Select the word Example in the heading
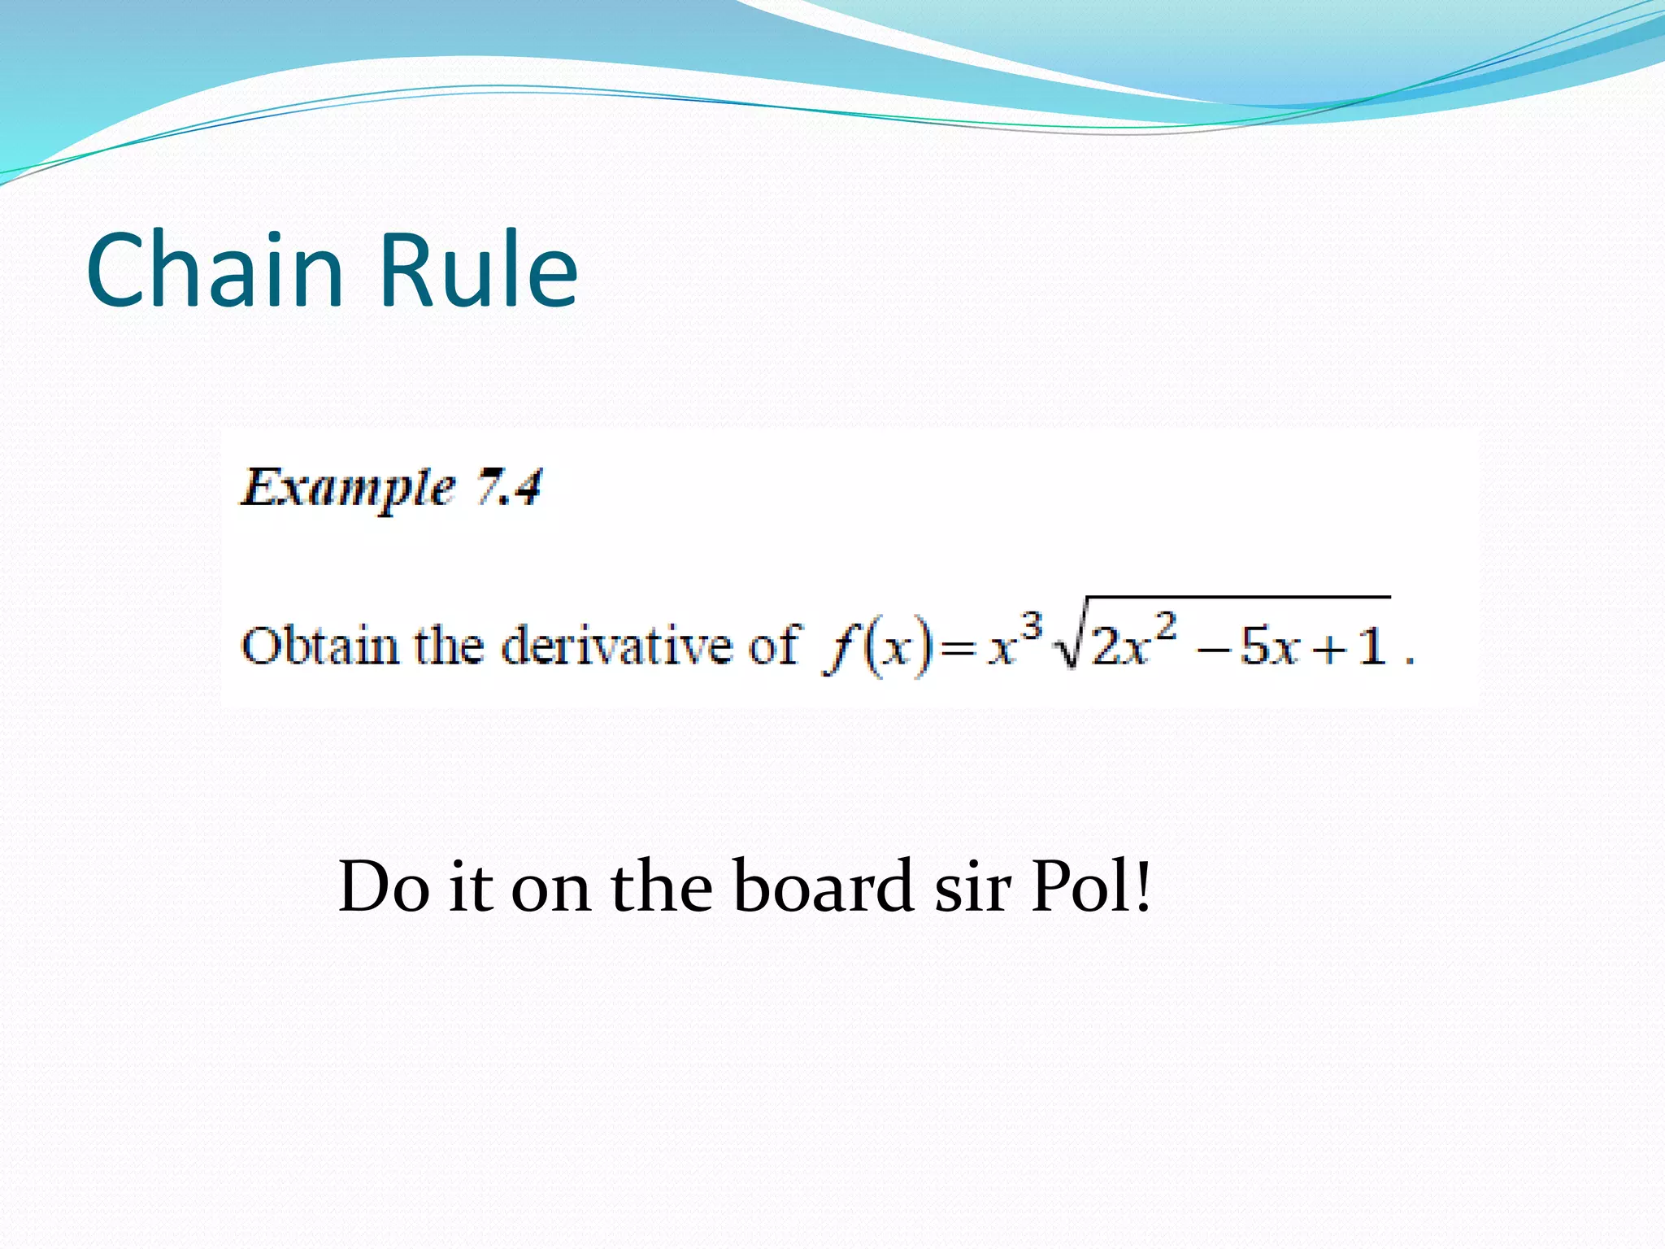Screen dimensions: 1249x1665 (x=347, y=489)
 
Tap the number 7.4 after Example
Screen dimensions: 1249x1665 (x=509, y=488)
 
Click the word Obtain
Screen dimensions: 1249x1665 (x=320, y=646)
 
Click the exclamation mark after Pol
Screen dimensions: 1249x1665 (x=1144, y=886)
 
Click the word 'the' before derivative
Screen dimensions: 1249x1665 (x=450, y=646)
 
